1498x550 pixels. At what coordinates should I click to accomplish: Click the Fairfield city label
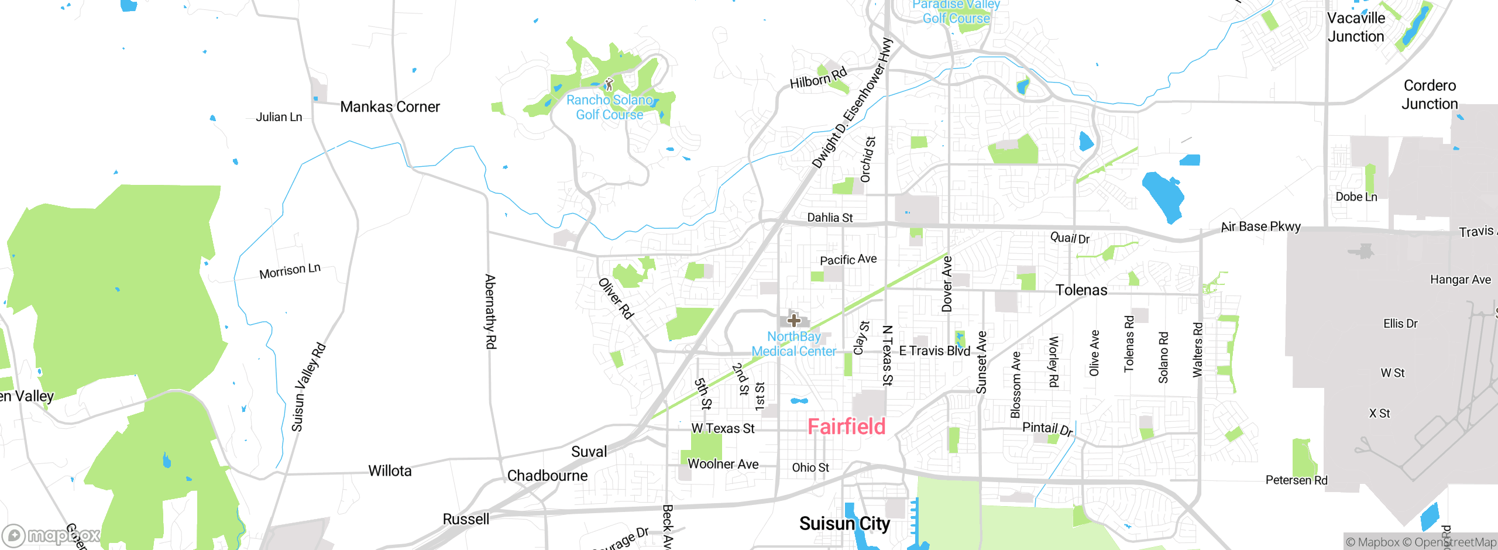pyautogui.click(x=846, y=427)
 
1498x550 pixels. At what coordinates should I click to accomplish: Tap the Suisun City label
pyautogui.click(x=844, y=523)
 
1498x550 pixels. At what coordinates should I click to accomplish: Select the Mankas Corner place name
pyautogui.click(x=390, y=107)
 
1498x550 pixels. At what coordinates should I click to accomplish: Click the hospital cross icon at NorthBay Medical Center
pyautogui.click(x=794, y=320)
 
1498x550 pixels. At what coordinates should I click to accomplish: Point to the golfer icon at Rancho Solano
pyautogui.click(x=609, y=84)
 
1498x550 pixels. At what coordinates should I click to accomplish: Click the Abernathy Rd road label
pyautogui.click(x=490, y=311)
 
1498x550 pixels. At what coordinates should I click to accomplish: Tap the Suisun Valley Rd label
pyautogui.click(x=308, y=387)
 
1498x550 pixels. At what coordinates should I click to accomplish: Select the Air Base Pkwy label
pyautogui.click(x=1260, y=226)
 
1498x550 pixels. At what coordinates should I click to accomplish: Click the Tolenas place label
pyautogui.click(x=1081, y=290)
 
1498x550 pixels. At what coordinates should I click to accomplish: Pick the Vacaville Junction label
pyautogui.click(x=1356, y=27)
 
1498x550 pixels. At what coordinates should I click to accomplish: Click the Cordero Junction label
pyautogui.click(x=1430, y=95)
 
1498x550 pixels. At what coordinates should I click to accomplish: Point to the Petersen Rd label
pyautogui.click(x=1296, y=480)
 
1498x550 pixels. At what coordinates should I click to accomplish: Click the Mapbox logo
pyautogui.click(x=51, y=535)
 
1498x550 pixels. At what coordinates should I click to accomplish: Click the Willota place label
pyautogui.click(x=390, y=471)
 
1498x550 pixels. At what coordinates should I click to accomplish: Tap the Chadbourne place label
pyautogui.click(x=547, y=476)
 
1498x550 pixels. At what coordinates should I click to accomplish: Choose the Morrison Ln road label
pyautogui.click(x=290, y=271)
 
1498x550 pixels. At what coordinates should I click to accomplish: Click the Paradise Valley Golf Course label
pyautogui.click(x=956, y=12)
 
